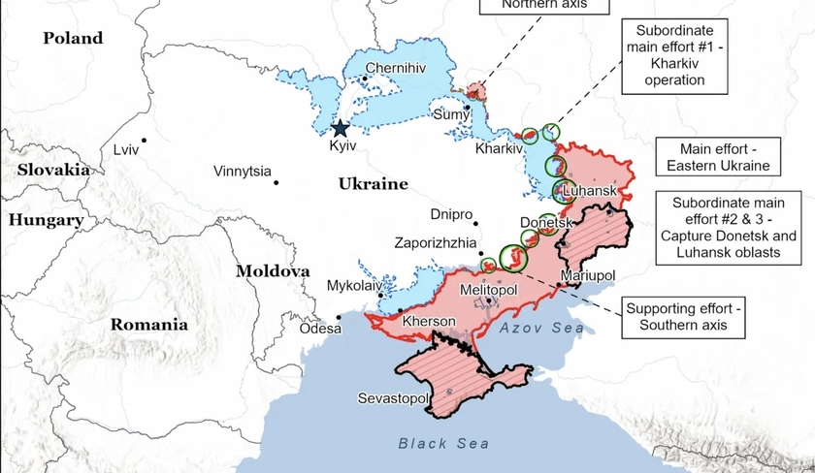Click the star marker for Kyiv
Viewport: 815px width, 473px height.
click(340, 128)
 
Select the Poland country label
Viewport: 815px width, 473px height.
click(73, 38)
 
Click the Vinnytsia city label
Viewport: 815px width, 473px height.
click(243, 172)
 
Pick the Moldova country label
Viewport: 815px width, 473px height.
click(273, 271)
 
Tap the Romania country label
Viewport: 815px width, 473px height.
click(148, 325)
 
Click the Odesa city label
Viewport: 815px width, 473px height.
click(320, 328)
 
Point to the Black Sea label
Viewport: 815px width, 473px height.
click(437, 443)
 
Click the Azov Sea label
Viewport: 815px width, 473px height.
click(542, 329)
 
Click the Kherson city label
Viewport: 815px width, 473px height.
click(429, 321)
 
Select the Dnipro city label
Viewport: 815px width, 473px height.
click(452, 214)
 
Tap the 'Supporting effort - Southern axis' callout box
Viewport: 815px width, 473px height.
click(683, 317)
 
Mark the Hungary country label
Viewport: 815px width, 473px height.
click(46, 220)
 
